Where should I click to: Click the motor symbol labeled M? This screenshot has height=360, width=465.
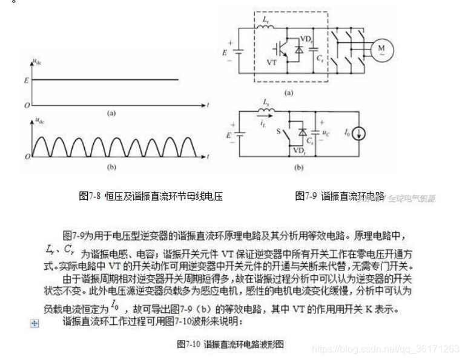click(381, 49)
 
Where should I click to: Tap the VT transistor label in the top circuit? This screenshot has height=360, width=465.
click(274, 62)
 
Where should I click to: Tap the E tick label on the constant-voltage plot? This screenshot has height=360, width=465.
click(25, 79)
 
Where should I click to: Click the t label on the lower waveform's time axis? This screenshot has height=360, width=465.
click(208, 157)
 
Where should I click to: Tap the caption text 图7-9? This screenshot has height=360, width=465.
click(306, 195)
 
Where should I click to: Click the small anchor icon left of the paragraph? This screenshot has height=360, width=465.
click(35, 323)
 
